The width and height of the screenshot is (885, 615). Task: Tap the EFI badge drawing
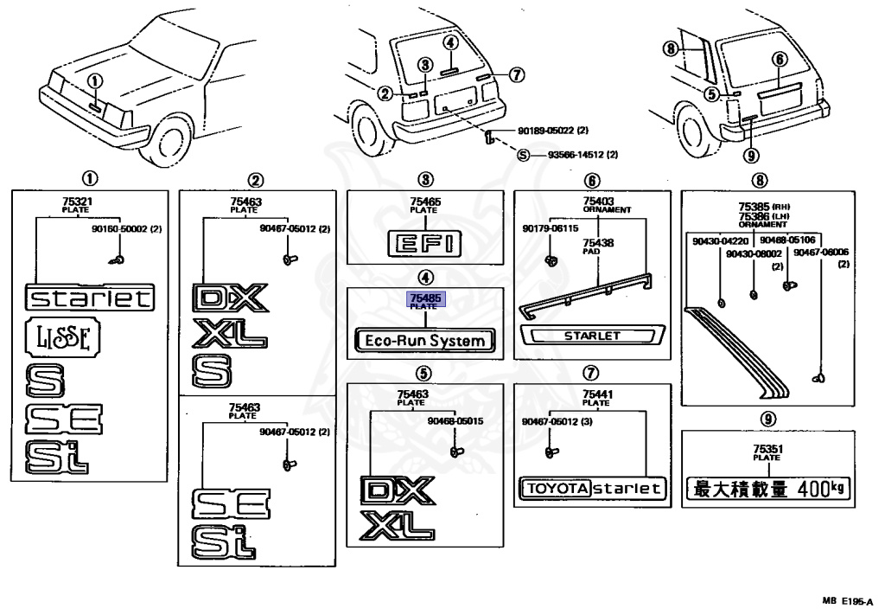pos(424,244)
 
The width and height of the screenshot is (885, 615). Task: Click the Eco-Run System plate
pos(424,341)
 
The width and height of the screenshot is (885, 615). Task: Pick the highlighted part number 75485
pos(424,298)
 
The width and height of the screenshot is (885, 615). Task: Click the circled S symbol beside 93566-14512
pos(523,156)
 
